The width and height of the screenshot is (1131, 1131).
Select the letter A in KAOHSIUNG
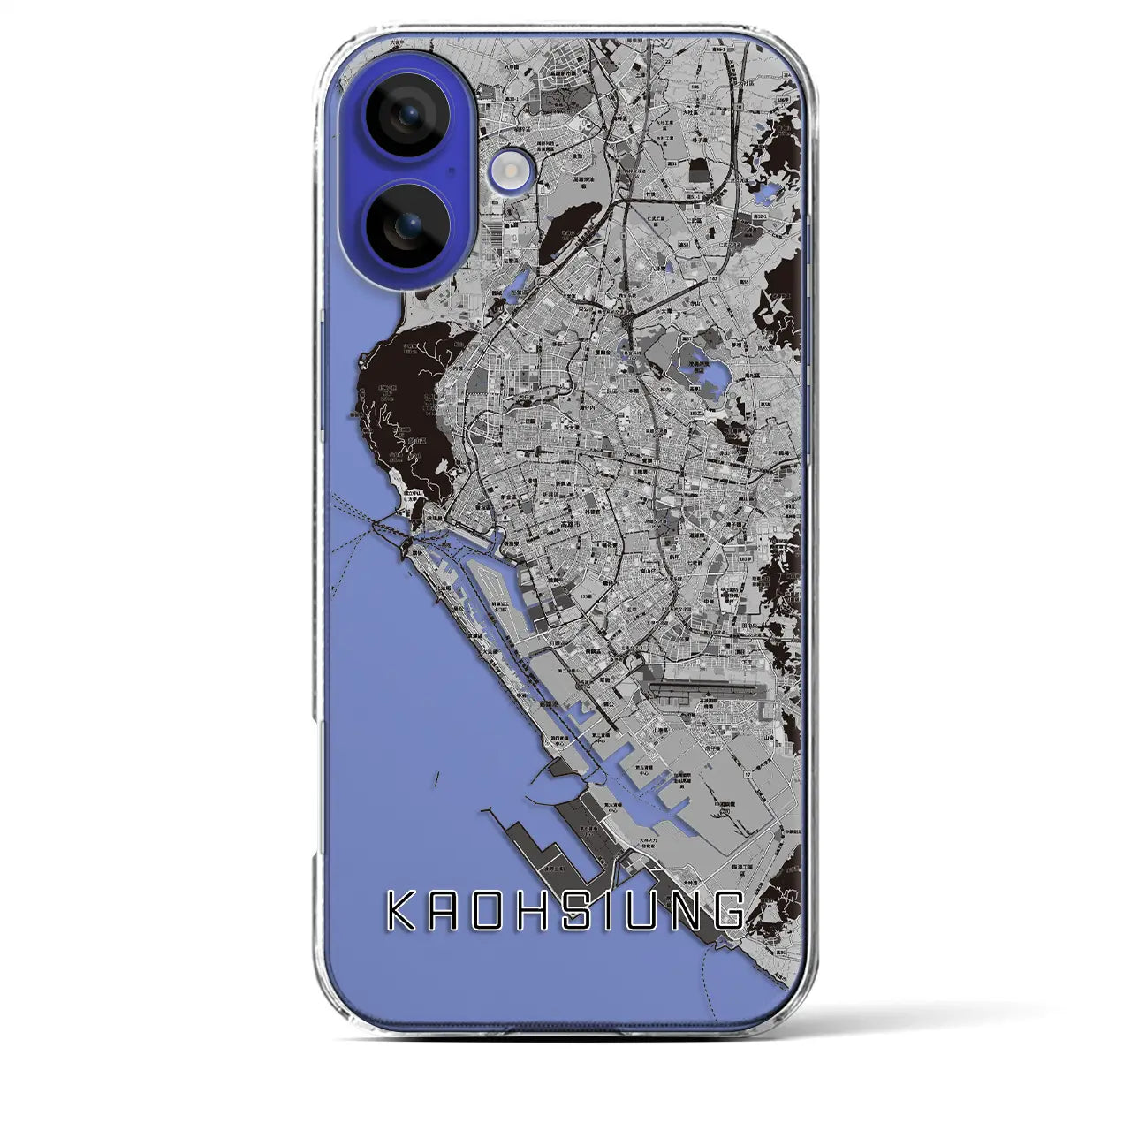coord(447,911)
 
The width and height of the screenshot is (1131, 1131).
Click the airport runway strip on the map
coord(703,687)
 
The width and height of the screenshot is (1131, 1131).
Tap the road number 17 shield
coord(747,775)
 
